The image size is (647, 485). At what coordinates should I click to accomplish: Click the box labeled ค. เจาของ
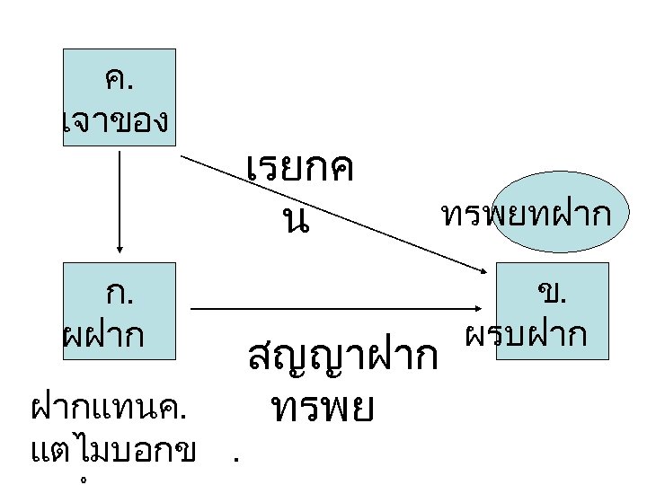[118, 97]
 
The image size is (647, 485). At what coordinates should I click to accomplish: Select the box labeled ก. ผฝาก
[118, 311]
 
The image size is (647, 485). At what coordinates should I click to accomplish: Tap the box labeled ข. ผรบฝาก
[540, 311]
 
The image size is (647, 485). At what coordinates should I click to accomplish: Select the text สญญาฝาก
[341, 357]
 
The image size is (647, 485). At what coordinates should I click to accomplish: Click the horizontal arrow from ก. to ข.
[341, 309]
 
